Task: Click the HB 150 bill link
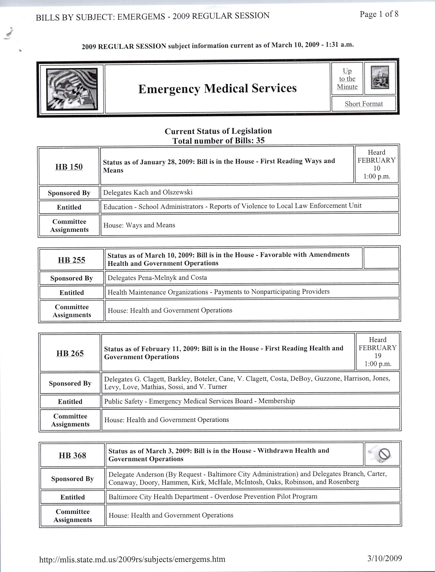(x=69, y=167)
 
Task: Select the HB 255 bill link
(x=72, y=260)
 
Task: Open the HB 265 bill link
(x=70, y=353)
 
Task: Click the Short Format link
(x=363, y=104)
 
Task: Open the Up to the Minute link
(x=347, y=79)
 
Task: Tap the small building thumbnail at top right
(x=380, y=77)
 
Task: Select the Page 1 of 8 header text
(x=379, y=14)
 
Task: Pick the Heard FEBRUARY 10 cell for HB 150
(x=377, y=164)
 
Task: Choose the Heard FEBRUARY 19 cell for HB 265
(x=378, y=352)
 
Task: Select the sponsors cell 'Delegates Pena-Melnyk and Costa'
(x=157, y=278)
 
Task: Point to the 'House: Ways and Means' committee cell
(x=139, y=225)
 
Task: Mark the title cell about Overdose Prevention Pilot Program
(x=213, y=496)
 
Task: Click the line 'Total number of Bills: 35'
(x=218, y=141)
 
